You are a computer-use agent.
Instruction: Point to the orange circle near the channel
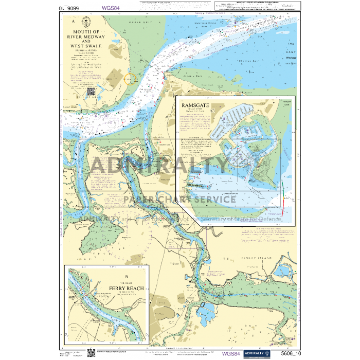(x=131, y=79)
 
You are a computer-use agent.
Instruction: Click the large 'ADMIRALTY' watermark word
(x=159, y=166)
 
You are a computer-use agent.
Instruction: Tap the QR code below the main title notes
(x=91, y=92)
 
